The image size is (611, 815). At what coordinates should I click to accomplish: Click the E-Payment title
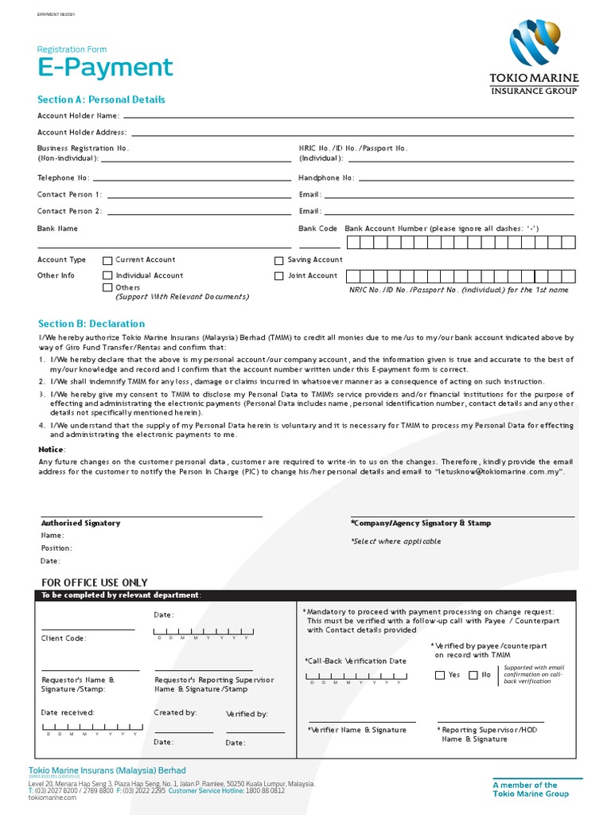click(105, 68)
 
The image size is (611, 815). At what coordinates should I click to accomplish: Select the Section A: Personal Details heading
click(102, 99)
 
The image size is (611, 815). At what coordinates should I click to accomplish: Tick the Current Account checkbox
click(107, 260)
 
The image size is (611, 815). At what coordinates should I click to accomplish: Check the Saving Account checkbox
click(278, 260)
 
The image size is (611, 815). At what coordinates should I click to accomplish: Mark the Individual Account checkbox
click(107, 275)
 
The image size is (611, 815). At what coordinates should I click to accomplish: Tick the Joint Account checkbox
click(278, 276)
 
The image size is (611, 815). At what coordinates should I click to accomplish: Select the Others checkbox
click(107, 287)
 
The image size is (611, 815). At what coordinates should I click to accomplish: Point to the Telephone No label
click(64, 178)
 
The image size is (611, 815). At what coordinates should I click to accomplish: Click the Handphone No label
click(326, 178)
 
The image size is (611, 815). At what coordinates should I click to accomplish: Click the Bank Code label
click(317, 228)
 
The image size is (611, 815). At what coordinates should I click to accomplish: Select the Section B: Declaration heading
click(91, 324)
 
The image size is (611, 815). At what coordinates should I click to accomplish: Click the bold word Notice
click(52, 450)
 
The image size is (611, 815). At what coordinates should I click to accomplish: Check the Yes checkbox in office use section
click(440, 675)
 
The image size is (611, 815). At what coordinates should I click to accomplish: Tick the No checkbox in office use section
click(473, 675)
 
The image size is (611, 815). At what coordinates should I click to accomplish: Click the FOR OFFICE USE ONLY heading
click(94, 583)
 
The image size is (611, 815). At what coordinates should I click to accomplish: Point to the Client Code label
click(64, 638)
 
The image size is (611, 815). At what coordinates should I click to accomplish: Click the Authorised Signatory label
click(80, 523)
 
